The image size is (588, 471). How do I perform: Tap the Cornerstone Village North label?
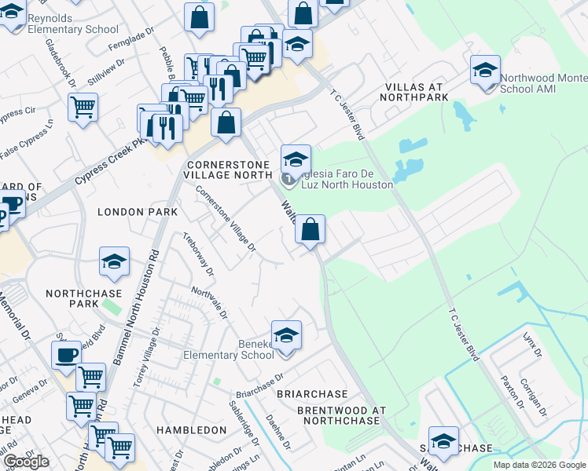226,170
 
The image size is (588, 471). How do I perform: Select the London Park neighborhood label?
132,212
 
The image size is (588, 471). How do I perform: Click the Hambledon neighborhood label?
191,430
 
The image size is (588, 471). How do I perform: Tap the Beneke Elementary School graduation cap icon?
286,335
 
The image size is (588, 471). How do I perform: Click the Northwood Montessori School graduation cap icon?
485,70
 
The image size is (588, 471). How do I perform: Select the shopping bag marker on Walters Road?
311,230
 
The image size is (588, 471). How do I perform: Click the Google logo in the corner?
26,462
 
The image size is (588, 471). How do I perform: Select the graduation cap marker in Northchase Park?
114,261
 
